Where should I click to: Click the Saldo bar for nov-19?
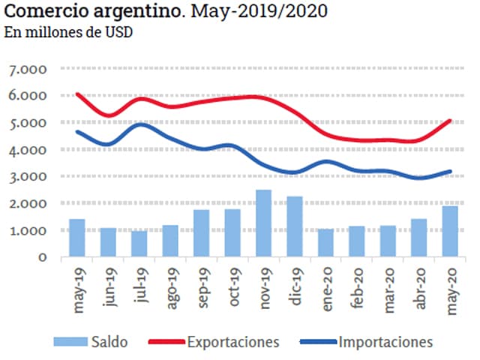263,223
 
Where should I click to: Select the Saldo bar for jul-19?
139,244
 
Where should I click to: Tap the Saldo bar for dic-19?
294,226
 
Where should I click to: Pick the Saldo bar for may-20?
449,231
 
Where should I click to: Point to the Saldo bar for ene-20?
325,243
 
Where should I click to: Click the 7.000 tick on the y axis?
28,70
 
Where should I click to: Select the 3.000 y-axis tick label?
28,177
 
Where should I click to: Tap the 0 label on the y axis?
43,257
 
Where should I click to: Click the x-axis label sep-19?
202,285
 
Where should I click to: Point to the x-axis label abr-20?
418,285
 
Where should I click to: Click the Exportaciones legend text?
233,342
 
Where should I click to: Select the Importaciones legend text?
385,342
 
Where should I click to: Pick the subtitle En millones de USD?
63,34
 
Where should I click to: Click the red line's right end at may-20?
449,120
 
